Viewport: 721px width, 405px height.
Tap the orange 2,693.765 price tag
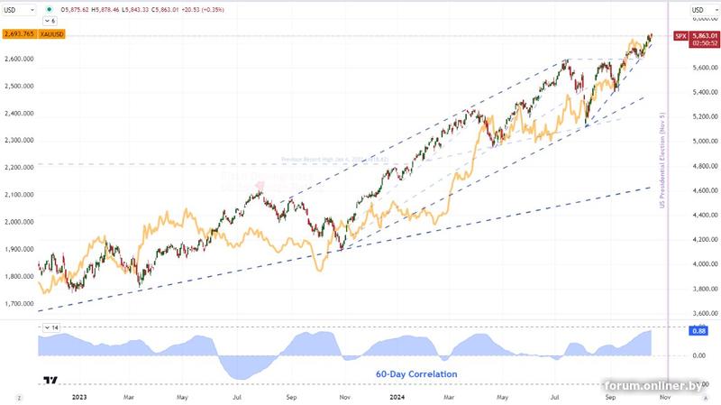(18, 34)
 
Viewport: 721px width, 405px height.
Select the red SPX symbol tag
(680, 36)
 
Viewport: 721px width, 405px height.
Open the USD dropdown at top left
(19, 9)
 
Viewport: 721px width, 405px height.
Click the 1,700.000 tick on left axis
(18, 304)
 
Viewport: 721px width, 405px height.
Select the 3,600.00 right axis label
(702, 314)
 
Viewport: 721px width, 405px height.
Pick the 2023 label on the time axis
(79, 396)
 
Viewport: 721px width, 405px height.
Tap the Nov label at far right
(665, 396)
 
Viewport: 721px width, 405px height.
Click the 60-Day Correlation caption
(416, 373)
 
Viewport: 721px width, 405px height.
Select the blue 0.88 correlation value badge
(698, 331)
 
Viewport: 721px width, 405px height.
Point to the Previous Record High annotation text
(333, 160)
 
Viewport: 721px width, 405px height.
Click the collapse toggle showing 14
(52, 327)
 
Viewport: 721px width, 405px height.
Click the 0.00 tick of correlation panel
(698, 355)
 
